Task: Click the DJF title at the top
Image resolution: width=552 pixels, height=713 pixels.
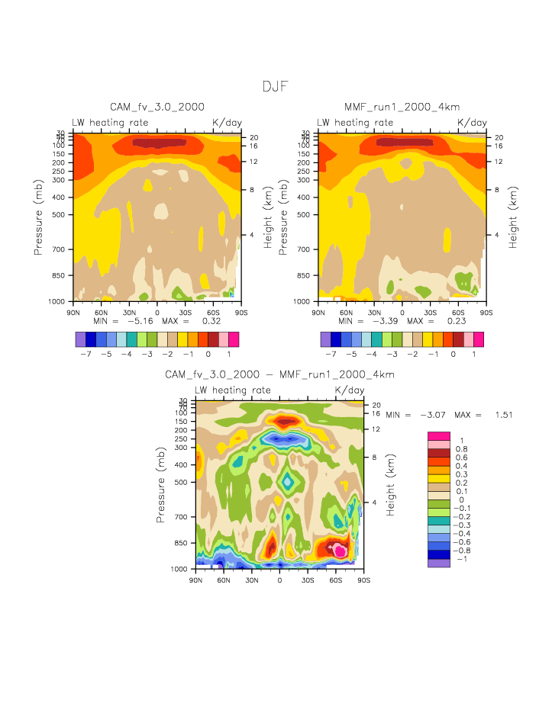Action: click(275, 87)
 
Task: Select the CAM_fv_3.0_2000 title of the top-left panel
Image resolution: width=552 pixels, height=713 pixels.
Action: click(157, 107)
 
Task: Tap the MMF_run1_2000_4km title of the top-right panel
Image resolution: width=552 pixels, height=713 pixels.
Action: click(402, 107)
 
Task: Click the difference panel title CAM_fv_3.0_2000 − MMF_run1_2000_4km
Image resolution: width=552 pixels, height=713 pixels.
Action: click(279, 374)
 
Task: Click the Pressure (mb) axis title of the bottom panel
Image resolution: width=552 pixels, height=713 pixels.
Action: click(161, 485)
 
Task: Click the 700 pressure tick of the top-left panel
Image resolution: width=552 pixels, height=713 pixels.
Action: click(62, 249)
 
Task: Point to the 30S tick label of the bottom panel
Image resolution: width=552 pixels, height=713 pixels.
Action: click(308, 580)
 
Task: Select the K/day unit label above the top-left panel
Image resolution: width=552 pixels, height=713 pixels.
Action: click(226, 122)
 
